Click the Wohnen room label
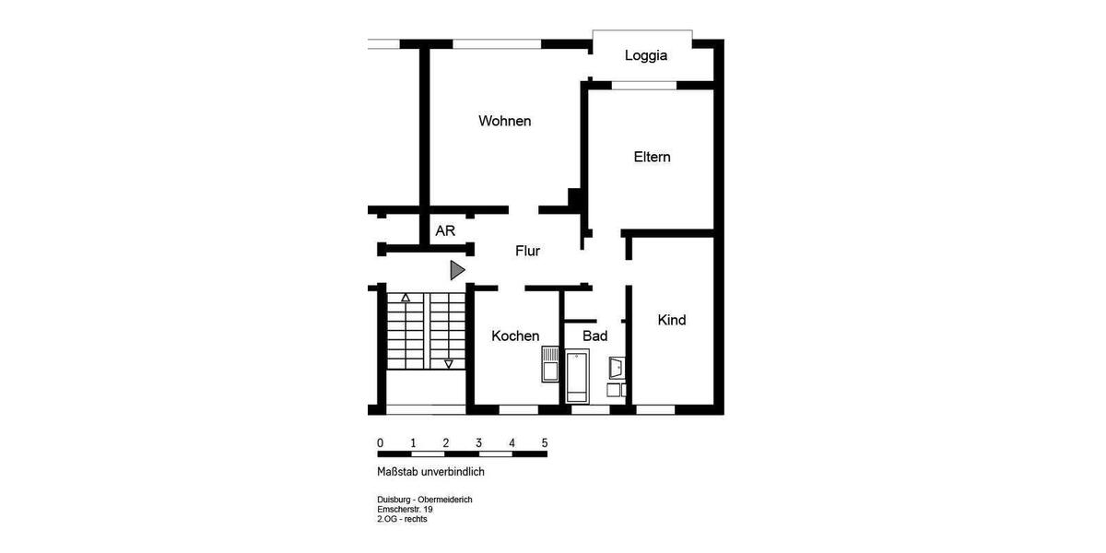pyautogui.click(x=504, y=121)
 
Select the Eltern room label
pyautogui.click(x=652, y=157)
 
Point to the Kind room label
pyautogui.click(x=671, y=320)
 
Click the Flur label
pyautogui.click(x=527, y=251)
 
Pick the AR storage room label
pyautogui.click(x=445, y=231)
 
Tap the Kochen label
pyautogui.click(x=515, y=335)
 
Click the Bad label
pyautogui.click(x=594, y=335)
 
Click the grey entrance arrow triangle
pyautogui.click(x=456, y=270)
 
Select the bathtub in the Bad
pyautogui.click(x=578, y=376)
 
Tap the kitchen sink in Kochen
pyautogui.click(x=549, y=365)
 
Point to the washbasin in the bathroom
pyautogui.click(x=617, y=369)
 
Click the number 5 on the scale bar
pyautogui.click(x=545, y=442)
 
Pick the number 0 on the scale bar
pyautogui.click(x=380, y=442)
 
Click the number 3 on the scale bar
pyautogui.click(x=478, y=442)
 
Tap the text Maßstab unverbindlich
pyautogui.click(x=430, y=472)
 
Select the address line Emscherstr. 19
pyautogui.click(x=405, y=509)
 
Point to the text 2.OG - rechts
pyautogui.click(x=402, y=519)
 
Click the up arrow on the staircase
pyautogui.click(x=405, y=298)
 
